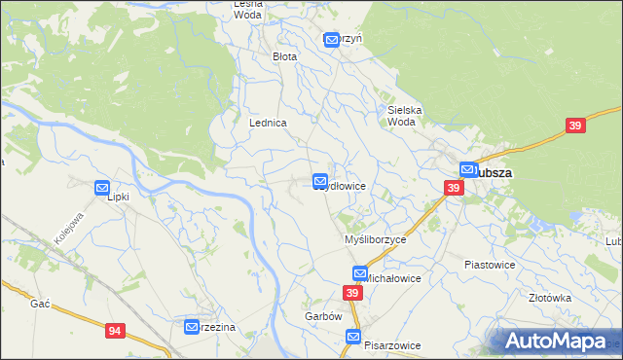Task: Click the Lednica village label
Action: pos(268,124)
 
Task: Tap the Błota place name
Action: pos(284,56)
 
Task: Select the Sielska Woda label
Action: pos(405,116)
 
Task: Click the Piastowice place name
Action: pos(489,265)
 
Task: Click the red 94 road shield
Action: pos(116,332)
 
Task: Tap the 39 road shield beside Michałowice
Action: pos(352,293)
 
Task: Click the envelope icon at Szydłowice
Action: pos(320,182)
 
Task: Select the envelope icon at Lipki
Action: pos(102,188)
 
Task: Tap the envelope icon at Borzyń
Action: pos(331,40)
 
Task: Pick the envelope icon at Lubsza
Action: pos(467,168)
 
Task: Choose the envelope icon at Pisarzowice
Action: pos(353,337)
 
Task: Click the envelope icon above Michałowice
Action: pos(360,274)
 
